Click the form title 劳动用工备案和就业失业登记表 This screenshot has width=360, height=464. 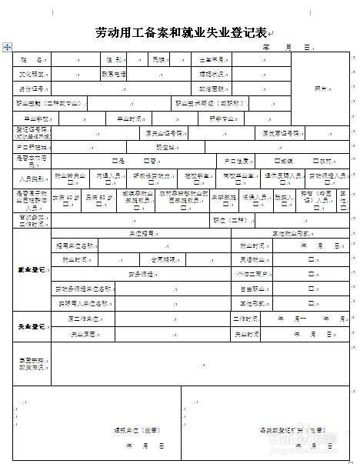[x=179, y=32]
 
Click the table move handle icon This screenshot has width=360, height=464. [x=7, y=47]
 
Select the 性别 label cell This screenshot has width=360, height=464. [x=112, y=59]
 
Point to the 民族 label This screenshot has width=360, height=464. [x=159, y=59]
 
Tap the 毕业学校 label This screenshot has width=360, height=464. [x=36, y=118]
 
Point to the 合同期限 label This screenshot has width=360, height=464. [x=163, y=260]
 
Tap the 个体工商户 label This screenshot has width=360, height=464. [x=251, y=275]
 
